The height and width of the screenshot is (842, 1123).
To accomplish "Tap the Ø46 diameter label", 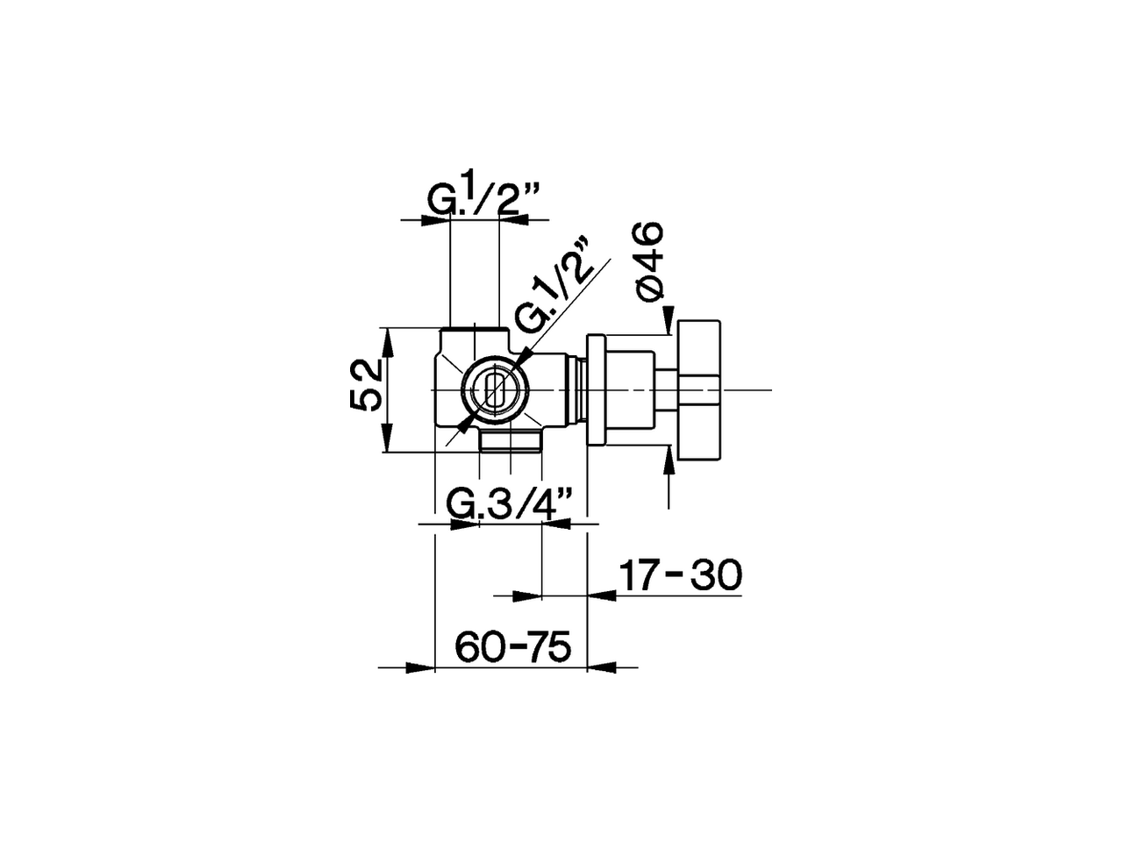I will (650, 262).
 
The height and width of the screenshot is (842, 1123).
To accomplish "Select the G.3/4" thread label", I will (510, 504).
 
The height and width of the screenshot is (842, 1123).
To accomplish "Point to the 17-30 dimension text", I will (681, 575).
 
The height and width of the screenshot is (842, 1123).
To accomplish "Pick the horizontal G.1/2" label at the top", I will (483, 201).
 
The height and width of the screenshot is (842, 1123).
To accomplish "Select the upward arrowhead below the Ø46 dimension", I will (669, 459).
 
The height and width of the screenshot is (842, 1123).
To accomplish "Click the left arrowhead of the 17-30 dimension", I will (526, 596).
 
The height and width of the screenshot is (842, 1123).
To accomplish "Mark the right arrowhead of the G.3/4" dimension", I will (556, 524).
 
